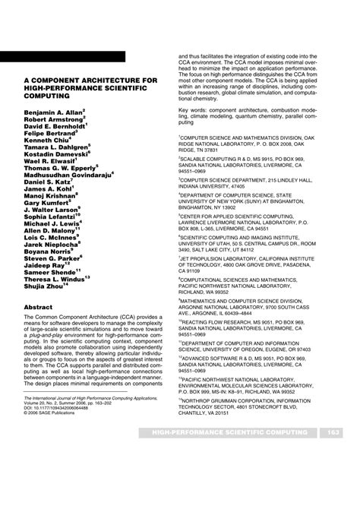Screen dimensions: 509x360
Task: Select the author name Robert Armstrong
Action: tap(55, 119)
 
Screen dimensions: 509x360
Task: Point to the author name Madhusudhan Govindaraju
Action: tap(68, 175)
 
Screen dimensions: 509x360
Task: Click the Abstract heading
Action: tap(39, 308)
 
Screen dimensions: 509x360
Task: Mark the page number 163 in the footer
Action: tap(333, 454)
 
